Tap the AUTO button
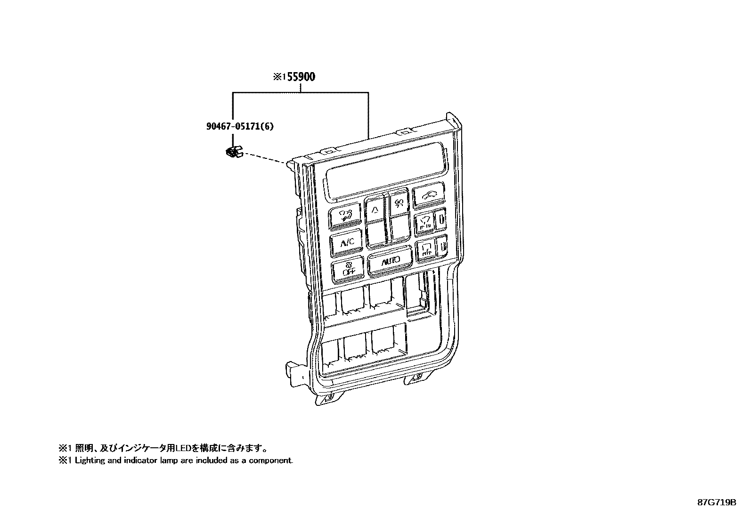(390, 262)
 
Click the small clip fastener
(233, 152)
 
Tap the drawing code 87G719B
(717, 502)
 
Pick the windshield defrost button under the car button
(424, 221)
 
